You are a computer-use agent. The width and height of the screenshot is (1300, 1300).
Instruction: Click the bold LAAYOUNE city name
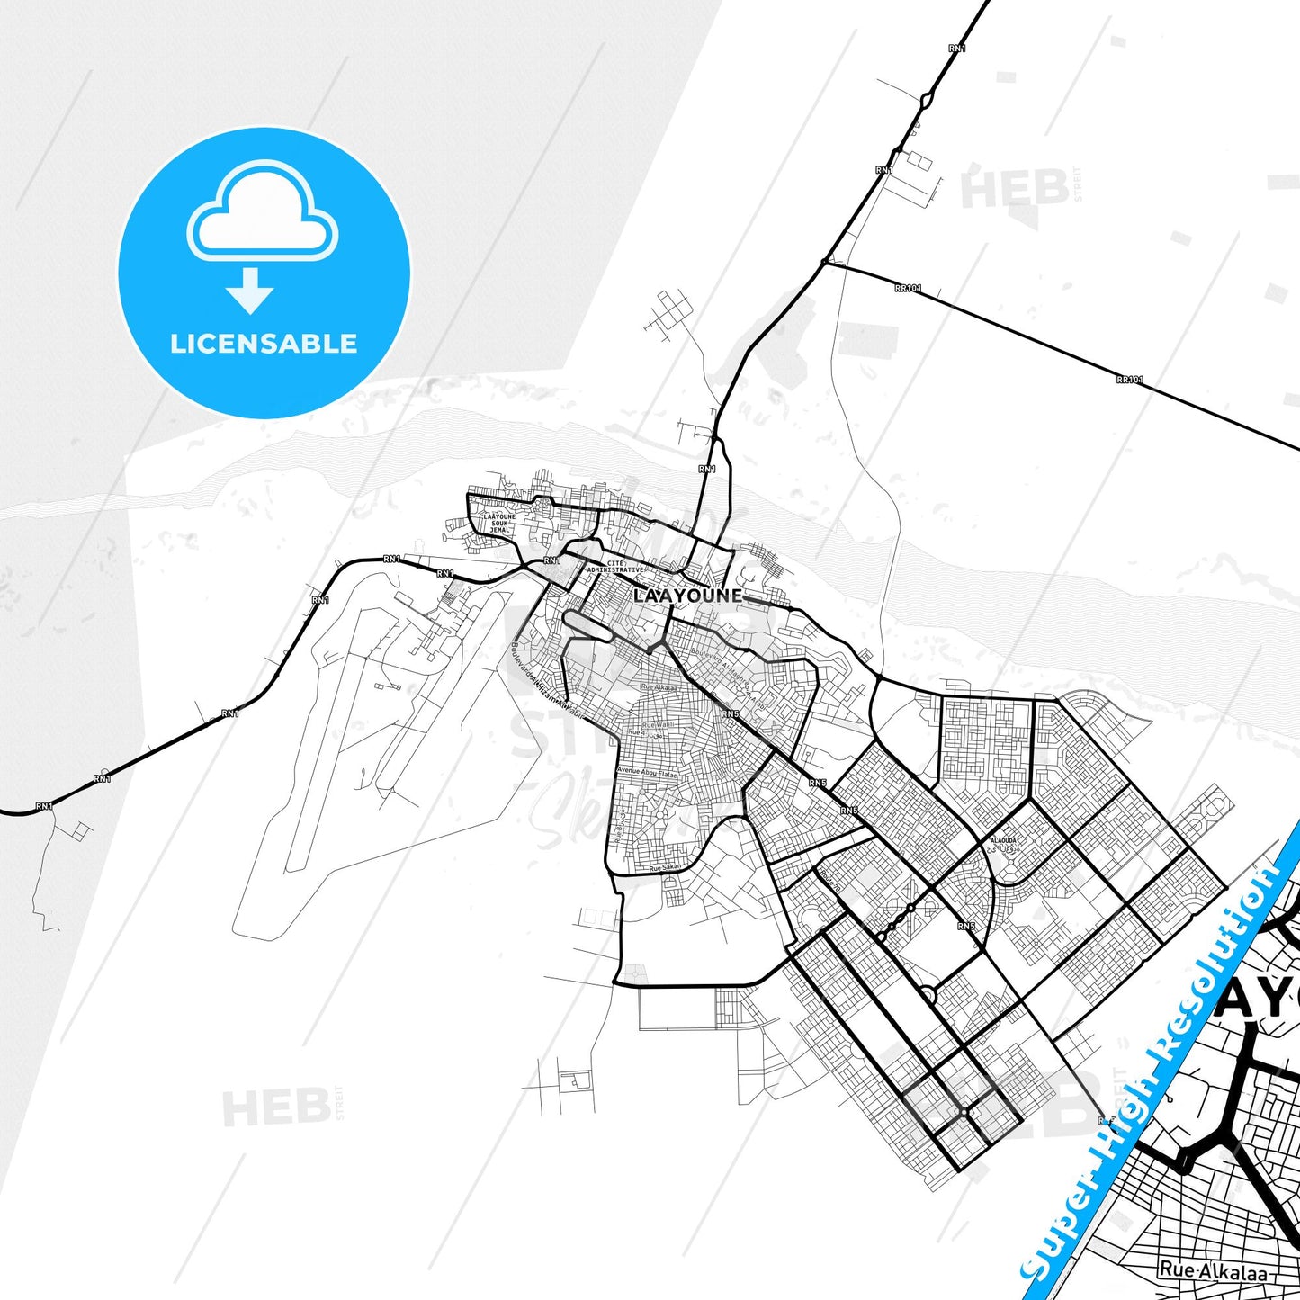coord(688,596)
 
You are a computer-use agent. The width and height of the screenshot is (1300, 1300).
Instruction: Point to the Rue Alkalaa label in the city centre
coord(659,688)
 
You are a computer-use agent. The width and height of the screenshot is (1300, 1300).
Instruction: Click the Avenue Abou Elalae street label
coord(649,772)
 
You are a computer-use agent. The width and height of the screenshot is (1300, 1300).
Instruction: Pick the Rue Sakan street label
coord(667,869)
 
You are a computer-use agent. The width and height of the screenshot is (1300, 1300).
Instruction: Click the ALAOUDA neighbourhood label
coord(1003,844)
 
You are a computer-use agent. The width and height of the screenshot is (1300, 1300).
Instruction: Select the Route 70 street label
coord(830,883)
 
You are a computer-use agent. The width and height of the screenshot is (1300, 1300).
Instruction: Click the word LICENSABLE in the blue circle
coord(264,344)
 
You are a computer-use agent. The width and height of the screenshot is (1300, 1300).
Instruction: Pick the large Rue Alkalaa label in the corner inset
coord(1213,1271)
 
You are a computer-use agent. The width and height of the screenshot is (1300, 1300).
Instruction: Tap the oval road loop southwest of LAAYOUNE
coord(588,624)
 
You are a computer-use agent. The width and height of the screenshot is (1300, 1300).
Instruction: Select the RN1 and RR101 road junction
coord(824,262)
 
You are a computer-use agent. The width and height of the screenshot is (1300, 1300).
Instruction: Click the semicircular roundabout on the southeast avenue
coord(928,995)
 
